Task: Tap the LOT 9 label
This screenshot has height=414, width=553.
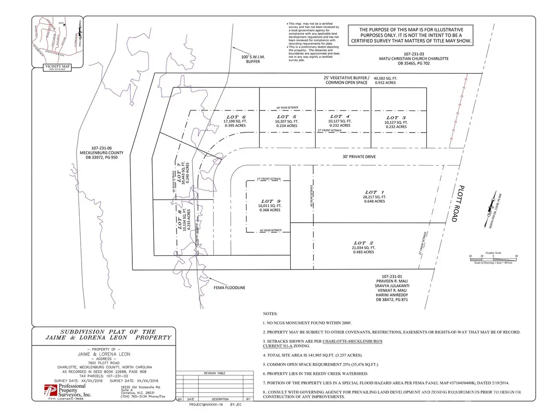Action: tap(271, 201)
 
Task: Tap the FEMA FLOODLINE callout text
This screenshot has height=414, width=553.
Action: tap(229, 287)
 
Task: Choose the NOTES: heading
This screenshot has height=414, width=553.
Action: tap(272, 311)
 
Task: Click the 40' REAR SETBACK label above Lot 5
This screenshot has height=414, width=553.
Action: tap(287, 108)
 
